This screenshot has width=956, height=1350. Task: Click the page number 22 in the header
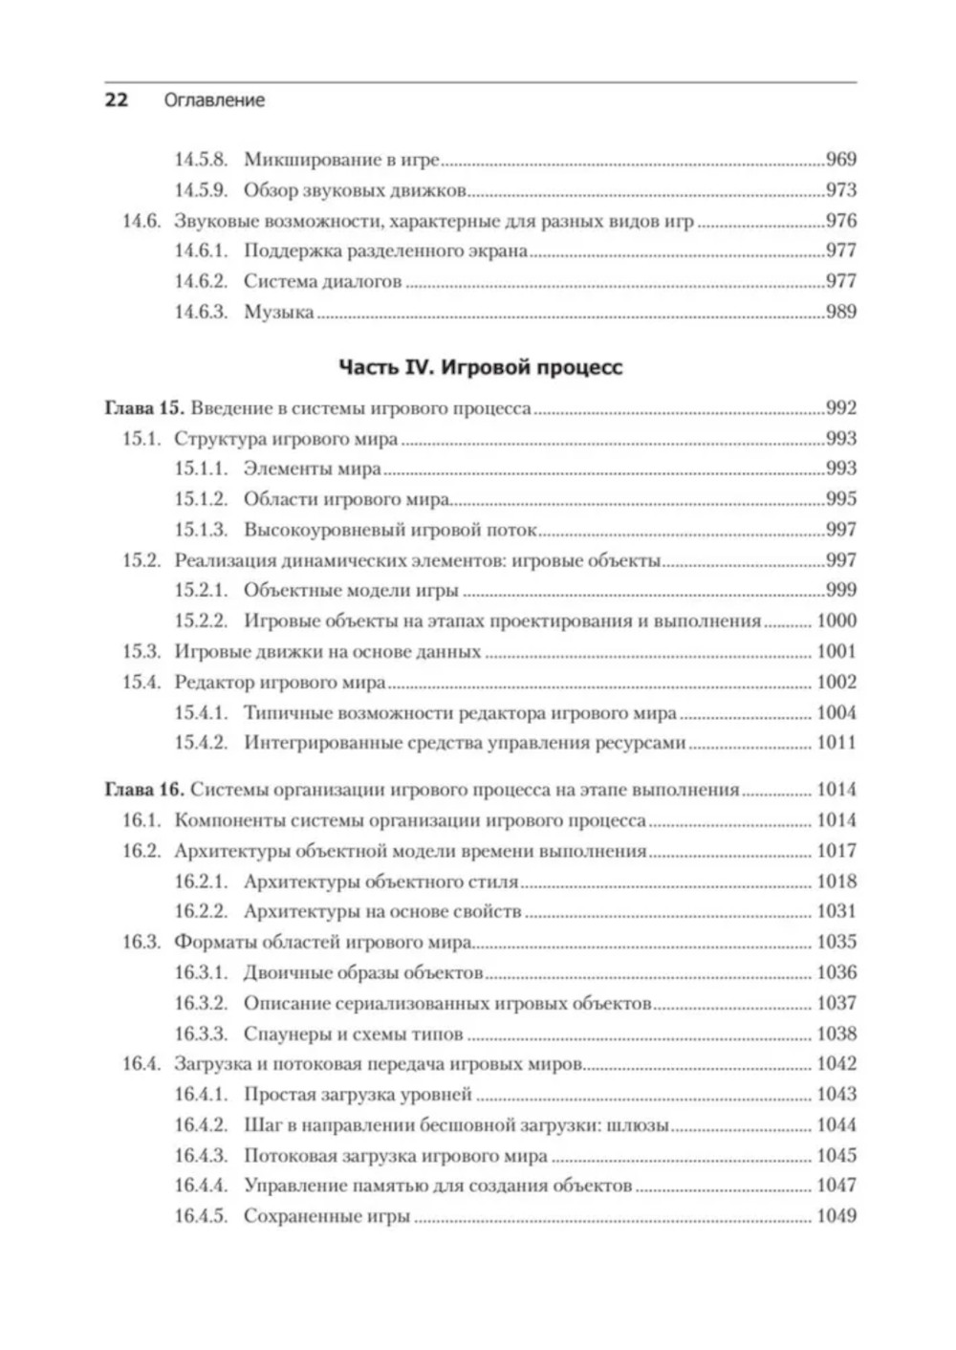pos(116,99)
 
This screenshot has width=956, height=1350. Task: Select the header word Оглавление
pos(214,99)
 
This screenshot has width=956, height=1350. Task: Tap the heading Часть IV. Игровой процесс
pos(480,367)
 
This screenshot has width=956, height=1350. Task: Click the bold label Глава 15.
pos(143,408)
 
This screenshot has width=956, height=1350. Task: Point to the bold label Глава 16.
pos(143,790)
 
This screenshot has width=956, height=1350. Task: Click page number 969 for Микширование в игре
pos(840,160)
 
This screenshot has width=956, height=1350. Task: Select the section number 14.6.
pos(141,221)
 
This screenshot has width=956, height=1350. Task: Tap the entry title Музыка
pos(278,312)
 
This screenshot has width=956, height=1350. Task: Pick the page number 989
pos(840,312)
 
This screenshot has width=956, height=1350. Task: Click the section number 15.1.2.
pos(201,499)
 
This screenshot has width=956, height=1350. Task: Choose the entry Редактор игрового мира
pos(280,683)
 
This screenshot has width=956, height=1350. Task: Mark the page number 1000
pos(836,621)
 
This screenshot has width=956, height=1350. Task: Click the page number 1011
pos(836,743)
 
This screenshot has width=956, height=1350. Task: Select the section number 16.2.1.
pos(201,882)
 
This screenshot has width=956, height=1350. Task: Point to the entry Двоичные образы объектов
pos(363,973)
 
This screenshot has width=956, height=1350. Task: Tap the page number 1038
pos(836,1034)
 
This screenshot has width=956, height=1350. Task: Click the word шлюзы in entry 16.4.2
pos(639,1125)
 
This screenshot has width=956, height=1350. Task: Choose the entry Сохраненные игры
pos(327,1217)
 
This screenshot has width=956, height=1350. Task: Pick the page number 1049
pos(836,1217)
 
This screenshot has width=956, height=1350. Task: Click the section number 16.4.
pos(141,1064)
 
